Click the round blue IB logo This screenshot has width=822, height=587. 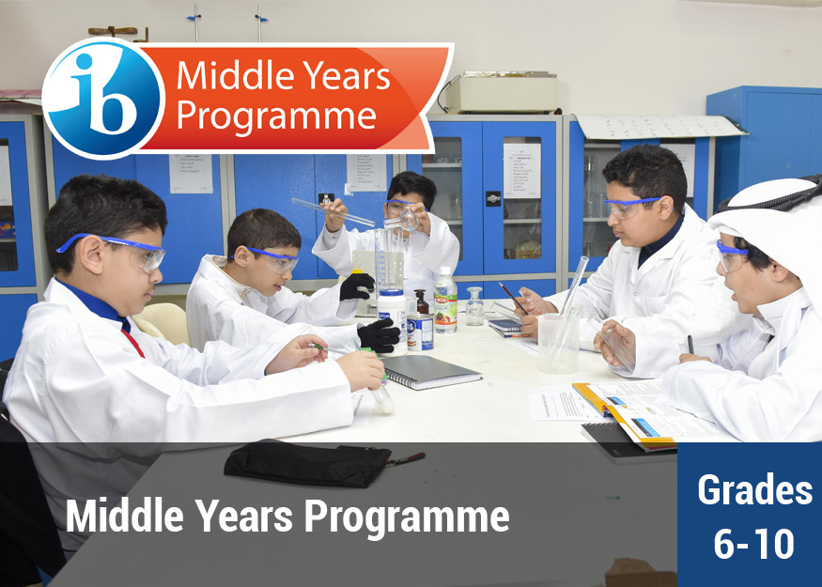(x=103, y=98)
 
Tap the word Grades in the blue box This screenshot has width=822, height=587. (x=755, y=490)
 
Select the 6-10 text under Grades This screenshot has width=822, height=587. (x=753, y=544)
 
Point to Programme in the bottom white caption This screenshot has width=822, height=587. (x=407, y=517)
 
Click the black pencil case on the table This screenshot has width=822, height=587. (x=308, y=463)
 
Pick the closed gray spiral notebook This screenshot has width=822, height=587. (x=431, y=372)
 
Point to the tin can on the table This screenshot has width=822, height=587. (x=421, y=332)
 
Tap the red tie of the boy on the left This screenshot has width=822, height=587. (x=132, y=343)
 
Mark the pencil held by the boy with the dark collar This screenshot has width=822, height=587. (x=513, y=299)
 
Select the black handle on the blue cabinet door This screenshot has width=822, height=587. (x=493, y=198)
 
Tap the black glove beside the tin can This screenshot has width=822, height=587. (x=379, y=335)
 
